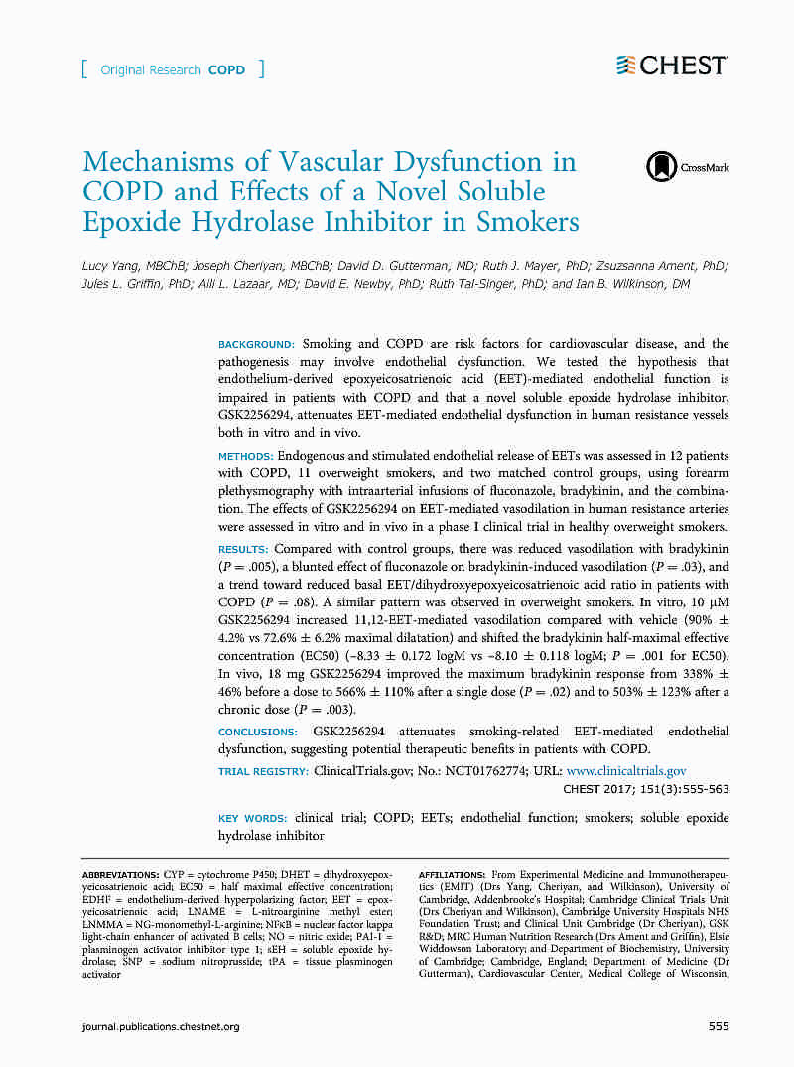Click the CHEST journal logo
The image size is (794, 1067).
pos(672,66)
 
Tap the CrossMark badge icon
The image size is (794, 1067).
pos(660,166)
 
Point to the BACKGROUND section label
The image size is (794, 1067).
pos(256,344)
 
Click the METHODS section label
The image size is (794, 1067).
pos(244,455)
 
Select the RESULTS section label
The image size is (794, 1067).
pos(243,549)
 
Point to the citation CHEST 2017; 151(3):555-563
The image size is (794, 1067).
pos(646,790)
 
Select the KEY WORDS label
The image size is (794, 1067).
pos(252,818)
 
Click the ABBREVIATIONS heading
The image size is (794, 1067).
pos(120,873)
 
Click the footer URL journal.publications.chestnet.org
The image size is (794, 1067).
pos(161,1026)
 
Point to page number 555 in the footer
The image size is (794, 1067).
pos(719,1026)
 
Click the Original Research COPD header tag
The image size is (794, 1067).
pos(173,70)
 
